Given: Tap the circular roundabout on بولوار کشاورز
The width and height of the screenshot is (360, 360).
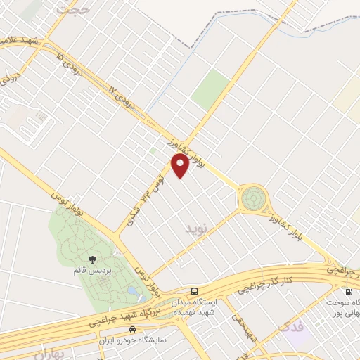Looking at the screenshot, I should coord(251,198).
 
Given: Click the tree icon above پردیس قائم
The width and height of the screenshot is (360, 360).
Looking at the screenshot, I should coord(94,259).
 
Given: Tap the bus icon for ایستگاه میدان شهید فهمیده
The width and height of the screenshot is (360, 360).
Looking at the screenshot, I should coord(194,290).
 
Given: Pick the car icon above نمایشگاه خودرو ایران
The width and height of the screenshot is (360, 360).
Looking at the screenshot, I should coord(132,329).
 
